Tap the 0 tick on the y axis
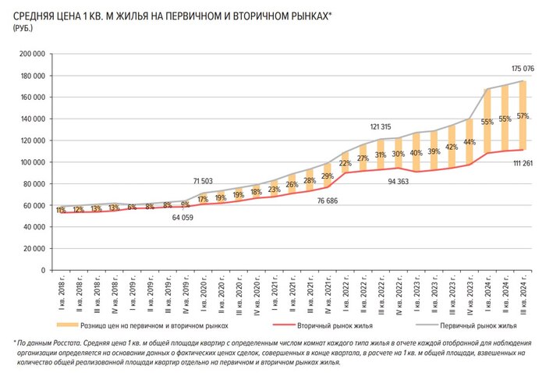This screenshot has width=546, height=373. point(42,270)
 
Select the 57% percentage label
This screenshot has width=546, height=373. point(523,116)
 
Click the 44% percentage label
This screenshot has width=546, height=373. point(470,142)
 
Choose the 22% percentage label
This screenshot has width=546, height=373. point(345,163)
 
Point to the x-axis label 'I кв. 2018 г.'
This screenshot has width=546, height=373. point(61,291)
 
